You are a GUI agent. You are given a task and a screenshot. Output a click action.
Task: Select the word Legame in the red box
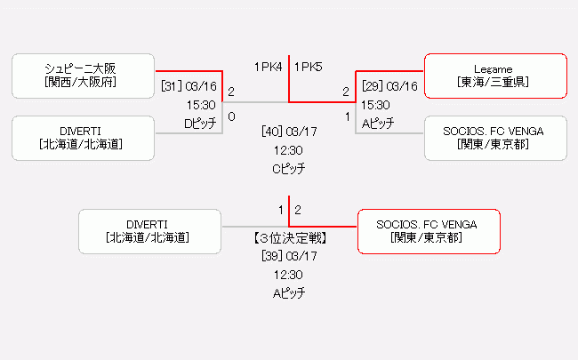(494, 68)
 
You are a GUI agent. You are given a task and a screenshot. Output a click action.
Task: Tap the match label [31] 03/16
(189, 86)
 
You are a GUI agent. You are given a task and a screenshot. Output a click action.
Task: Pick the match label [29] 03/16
(389, 86)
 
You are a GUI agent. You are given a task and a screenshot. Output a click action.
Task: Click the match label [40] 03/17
(289, 132)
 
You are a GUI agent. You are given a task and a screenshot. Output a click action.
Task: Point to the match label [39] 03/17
(289, 256)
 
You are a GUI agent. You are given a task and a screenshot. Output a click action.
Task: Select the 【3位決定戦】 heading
(289, 237)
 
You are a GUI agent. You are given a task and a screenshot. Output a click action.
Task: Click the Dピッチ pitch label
(199, 124)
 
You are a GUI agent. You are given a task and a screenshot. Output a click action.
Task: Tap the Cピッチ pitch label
(289, 168)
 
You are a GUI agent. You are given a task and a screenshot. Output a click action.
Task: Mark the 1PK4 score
(268, 66)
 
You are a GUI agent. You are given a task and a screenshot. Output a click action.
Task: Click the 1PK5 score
(309, 66)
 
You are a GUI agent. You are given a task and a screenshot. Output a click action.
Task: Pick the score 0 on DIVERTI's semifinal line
(231, 116)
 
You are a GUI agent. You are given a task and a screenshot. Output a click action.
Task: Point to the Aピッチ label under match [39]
(289, 292)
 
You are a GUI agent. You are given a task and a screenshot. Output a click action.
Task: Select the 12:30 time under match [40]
(289, 150)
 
